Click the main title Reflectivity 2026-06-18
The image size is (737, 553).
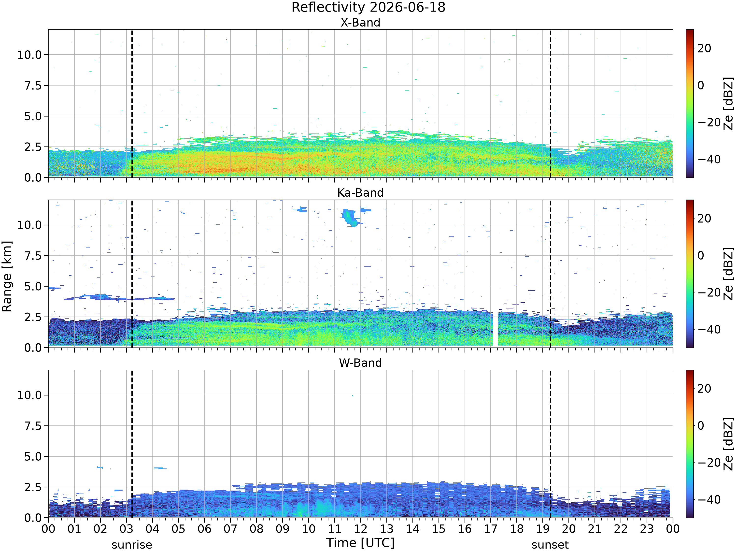tap(368, 7)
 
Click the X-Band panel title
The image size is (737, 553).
tap(360, 23)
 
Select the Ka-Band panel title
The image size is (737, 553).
tap(360, 193)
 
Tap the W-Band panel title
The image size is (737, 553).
tap(360, 363)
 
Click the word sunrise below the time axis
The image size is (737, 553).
tap(132, 545)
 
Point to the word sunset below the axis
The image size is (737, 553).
tap(550, 545)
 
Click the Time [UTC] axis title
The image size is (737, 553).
tap(360, 543)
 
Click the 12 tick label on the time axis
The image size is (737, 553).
tap(360, 529)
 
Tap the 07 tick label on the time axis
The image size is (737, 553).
tap(230, 529)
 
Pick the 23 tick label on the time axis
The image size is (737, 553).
tap(647, 529)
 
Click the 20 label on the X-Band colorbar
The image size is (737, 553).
tap(704, 48)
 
